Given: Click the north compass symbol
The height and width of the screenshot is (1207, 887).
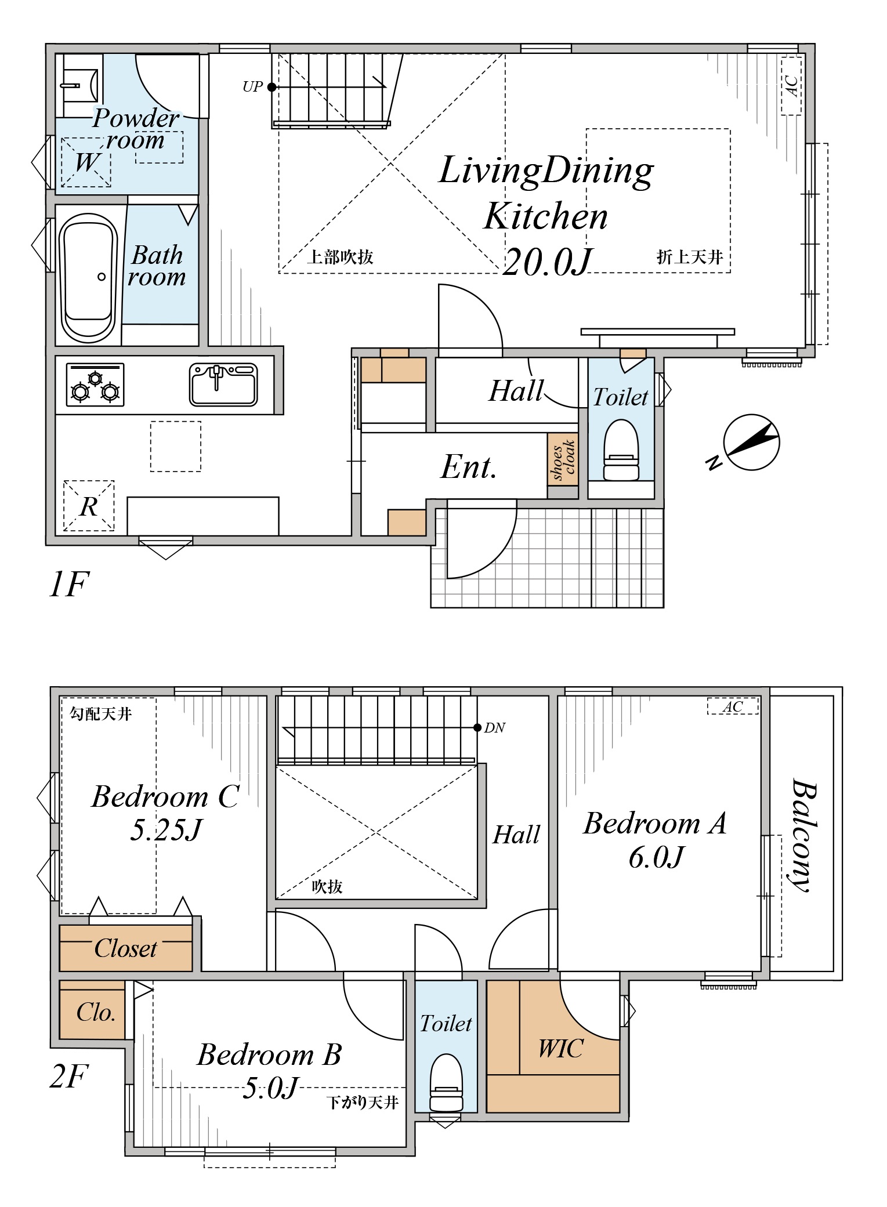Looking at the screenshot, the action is [751, 443].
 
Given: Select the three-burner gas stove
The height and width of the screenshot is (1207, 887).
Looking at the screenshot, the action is [95, 385].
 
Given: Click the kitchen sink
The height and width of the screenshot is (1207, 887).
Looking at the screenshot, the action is [223, 384].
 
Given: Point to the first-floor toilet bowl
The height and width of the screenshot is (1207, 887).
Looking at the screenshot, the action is [621, 450].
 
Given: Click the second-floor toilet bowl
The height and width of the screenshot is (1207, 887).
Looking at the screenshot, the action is [446, 1082].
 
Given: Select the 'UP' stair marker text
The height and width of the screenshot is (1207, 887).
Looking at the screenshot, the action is [252, 87].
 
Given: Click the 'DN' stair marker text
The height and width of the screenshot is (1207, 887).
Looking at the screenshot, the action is [495, 728].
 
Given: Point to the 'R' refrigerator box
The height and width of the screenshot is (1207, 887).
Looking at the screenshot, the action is [89, 506].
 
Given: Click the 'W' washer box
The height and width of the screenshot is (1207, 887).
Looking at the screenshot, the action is [86, 162].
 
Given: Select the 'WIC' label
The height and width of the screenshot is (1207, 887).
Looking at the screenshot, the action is [560, 1049].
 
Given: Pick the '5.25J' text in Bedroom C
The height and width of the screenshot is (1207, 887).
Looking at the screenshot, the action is [166, 829].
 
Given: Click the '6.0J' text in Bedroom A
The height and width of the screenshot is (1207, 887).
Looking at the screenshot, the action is [656, 857].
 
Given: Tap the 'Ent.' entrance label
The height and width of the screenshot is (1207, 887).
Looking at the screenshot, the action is [469, 467].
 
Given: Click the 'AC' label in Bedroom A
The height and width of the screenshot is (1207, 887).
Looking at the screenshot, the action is [733, 706].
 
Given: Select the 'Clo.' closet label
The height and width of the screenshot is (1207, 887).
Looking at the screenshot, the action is [96, 1012].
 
